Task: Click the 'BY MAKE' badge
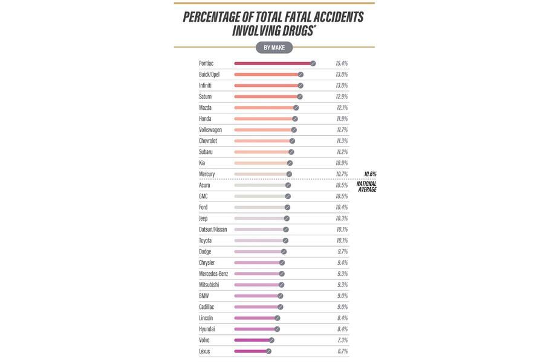point(274,48)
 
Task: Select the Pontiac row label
point(206,63)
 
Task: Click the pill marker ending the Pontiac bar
point(313,63)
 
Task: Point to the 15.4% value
point(342,63)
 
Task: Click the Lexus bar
point(250,351)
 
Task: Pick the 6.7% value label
point(342,351)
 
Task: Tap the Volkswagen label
point(210,130)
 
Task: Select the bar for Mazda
point(264,107)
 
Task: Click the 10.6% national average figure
point(369,174)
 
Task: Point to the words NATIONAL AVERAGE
point(366,186)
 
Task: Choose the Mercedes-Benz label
point(213,274)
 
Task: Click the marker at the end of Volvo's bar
point(271,340)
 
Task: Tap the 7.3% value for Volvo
point(342,340)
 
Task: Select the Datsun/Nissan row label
point(213,229)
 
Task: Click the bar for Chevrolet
point(262,141)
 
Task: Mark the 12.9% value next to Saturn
point(342,97)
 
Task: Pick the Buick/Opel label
point(209,75)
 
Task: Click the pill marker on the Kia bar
point(290,163)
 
